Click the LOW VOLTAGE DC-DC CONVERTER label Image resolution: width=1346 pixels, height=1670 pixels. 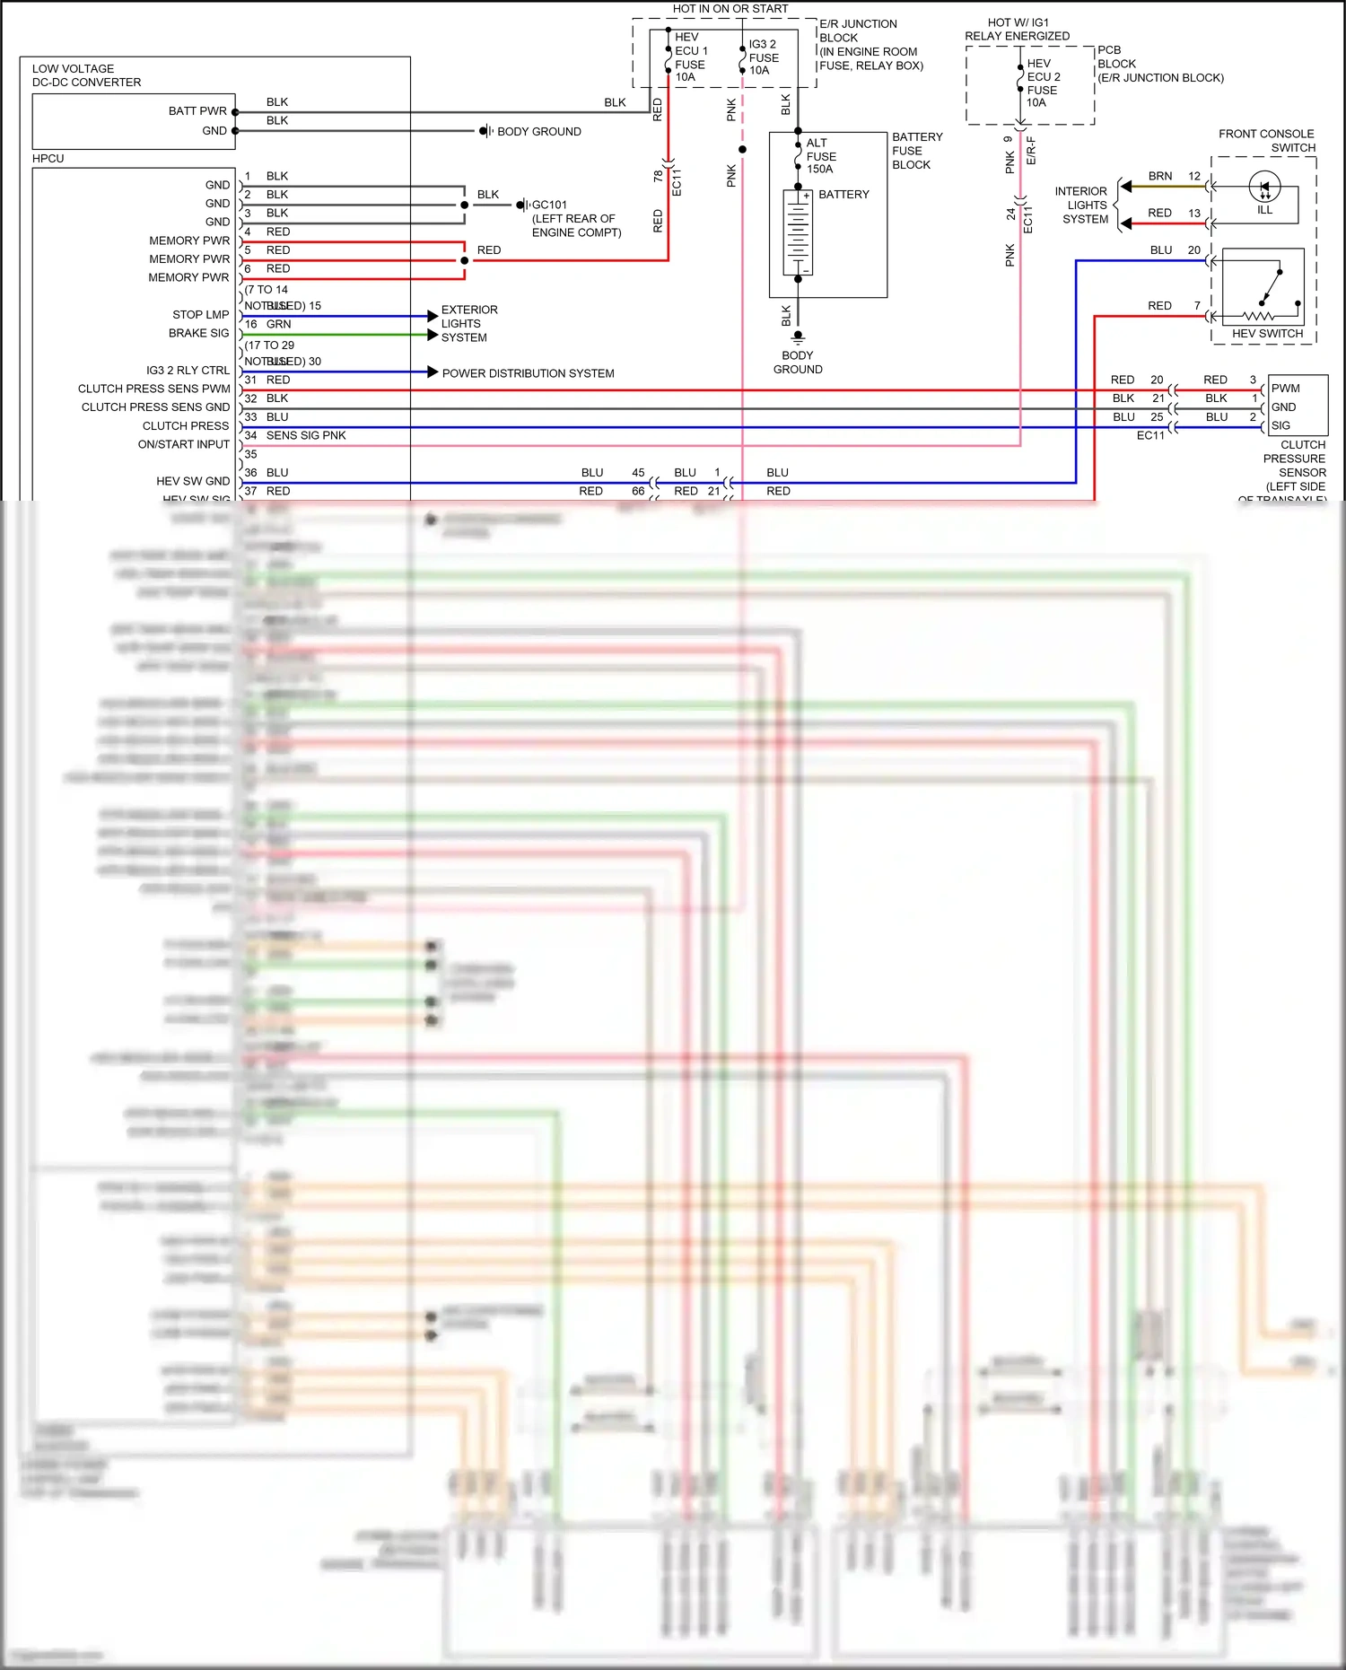[x=86, y=75]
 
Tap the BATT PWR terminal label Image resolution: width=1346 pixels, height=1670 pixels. [x=197, y=111]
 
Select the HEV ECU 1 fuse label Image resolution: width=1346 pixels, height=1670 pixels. [x=690, y=57]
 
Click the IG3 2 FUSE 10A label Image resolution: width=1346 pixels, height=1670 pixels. [x=764, y=57]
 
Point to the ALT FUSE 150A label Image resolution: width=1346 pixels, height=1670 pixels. [x=820, y=156]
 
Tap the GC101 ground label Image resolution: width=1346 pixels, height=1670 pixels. [x=549, y=205]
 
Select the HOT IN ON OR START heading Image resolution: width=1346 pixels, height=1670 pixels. [x=730, y=9]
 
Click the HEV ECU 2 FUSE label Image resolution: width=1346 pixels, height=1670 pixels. [x=1043, y=83]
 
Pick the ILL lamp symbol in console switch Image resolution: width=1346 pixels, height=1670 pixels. [x=1264, y=188]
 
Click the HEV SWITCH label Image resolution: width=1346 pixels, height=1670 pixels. [x=1267, y=334]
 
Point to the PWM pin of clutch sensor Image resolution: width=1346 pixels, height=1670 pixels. [x=1285, y=389]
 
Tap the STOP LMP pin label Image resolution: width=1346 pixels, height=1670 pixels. [x=200, y=315]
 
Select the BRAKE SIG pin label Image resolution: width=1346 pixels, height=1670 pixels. [x=198, y=333]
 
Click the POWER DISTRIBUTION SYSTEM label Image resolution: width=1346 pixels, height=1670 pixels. [x=528, y=373]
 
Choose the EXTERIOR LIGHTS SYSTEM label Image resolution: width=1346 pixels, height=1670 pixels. [x=468, y=324]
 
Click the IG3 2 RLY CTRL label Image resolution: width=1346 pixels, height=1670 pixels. [x=188, y=371]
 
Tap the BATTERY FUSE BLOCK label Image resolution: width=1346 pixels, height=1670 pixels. [x=916, y=151]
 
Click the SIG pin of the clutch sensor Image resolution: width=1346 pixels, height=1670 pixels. [x=1280, y=425]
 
